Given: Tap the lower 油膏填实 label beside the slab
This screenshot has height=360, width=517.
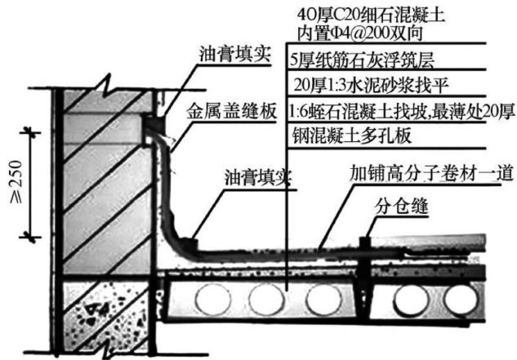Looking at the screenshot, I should (250, 177).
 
